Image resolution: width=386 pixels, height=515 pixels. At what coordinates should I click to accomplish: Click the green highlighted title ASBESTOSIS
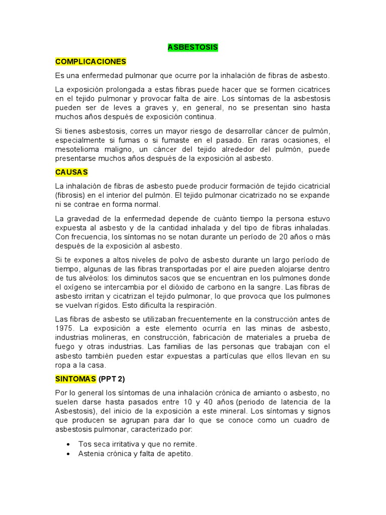click(x=192, y=47)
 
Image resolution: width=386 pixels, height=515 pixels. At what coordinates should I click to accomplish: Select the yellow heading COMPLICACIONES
click(x=90, y=61)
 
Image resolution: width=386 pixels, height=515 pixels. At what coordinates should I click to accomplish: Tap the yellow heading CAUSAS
click(x=71, y=172)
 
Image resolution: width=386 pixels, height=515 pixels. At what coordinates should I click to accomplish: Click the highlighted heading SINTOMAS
click(x=75, y=378)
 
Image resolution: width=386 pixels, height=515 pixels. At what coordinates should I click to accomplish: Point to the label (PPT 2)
click(x=116, y=378)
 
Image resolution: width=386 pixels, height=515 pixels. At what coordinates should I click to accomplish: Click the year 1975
click(x=64, y=328)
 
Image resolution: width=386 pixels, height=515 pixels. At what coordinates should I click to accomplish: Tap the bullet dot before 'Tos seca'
click(x=68, y=444)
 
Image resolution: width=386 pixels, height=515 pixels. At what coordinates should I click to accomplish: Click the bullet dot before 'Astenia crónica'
click(x=68, y=454)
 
